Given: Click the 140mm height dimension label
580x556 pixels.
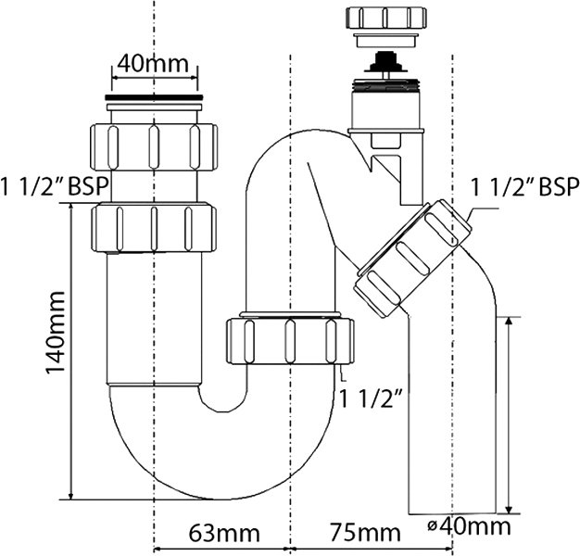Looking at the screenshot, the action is pyautogui.click(x=56, y=334).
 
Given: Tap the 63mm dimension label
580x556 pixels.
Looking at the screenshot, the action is pyautogui.click(x=224, y=534).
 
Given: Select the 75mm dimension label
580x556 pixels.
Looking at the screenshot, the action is pyautogui.click(x=365, y=534).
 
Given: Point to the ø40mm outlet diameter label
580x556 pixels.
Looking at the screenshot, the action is pyautogui.click(x=469, y=526).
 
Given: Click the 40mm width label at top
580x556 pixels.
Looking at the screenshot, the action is pyautogui.click(x=153, y=64).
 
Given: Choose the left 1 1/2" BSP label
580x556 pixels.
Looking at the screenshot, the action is pyautogui.click(x=55, y=186).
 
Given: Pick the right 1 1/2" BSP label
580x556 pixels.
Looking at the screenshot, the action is pyautogui.click(x=524, y=187).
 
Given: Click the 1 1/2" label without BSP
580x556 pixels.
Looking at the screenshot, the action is pyautogui.click(x=371, y=398).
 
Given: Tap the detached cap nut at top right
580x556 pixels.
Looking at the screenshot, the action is pyautogui.click(x=385, y=18).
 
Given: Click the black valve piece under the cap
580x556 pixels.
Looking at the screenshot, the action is pyautogui.click(x=385, y=62).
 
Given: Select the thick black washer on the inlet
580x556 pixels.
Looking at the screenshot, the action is pyautogui.click(x=154, y=97).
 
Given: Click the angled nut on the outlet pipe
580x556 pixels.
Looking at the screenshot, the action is pyautogui.click(x=412, y=258).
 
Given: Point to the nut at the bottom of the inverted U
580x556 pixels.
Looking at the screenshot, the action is pyautogui.click(x=290, y=341).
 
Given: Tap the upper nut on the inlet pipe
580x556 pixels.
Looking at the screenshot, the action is pyautogui.click(x=154, y=147).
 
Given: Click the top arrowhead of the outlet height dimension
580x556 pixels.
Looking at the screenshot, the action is pyautogui.click(x=510, y=321).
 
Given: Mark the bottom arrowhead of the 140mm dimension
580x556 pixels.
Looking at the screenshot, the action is pyautogui.click(x=70, y=496).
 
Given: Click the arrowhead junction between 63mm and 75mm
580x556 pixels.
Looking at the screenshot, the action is pyautogui.click(x=290, y=549).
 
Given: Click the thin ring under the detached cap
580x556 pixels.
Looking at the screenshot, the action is pyautogui.click(x=385, y=41).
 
